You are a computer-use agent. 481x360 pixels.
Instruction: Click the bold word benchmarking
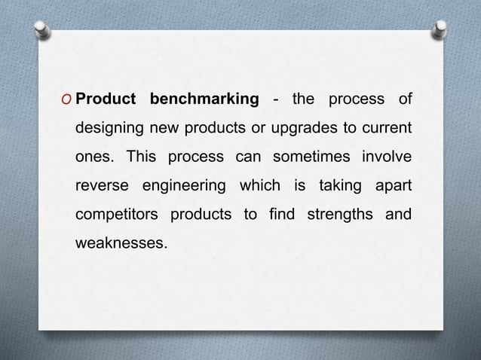[x=204, y=100]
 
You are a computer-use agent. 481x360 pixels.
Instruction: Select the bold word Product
[x=106, y=100]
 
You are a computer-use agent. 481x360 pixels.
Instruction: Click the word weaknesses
[x=118, y=245]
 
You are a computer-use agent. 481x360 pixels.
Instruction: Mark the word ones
[x=94, y=159]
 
